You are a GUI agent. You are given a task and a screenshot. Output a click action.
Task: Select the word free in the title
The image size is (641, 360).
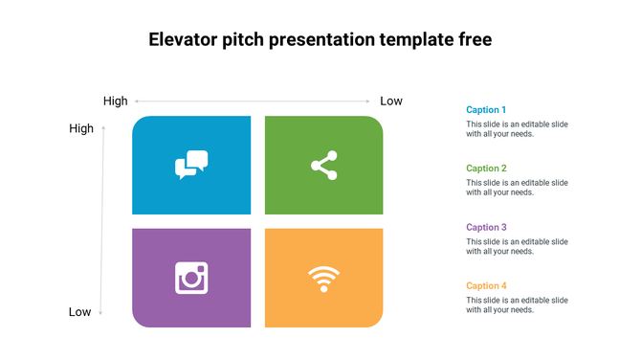tap(473, 40)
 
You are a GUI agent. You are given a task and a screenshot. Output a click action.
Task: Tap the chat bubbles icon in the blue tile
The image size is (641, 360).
tap(191, 165)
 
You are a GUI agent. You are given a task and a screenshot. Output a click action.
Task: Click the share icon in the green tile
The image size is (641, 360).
tap(324, 165)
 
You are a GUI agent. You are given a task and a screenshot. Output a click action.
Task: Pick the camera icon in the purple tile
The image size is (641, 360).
tap(191, 278)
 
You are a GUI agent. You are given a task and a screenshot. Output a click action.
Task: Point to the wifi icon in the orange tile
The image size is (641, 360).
tap(324, 279)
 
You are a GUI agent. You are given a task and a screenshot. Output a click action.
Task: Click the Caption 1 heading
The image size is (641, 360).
tap(486, 110)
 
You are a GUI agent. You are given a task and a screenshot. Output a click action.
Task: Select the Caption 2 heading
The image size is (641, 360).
tap(486, 169)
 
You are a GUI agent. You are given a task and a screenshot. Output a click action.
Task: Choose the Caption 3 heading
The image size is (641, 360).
tap(486, 228)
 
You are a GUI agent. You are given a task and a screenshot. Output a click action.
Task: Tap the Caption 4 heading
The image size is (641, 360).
tap(486, 286)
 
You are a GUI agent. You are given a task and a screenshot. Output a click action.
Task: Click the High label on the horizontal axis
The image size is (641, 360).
tap(115, 101)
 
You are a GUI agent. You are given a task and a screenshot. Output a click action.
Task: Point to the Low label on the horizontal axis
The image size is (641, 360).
tap(391, 101)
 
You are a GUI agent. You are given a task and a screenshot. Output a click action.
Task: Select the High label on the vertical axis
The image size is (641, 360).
tap(81, 128)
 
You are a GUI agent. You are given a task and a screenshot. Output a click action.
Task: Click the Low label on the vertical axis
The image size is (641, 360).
tap(80, 312)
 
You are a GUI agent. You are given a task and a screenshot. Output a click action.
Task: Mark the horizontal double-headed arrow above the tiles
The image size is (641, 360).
tap(253, 101)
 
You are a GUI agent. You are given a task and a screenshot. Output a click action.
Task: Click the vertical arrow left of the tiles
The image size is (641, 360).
tap(102, 220)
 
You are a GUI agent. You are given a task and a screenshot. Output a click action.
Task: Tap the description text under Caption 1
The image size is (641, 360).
tap(517, 129)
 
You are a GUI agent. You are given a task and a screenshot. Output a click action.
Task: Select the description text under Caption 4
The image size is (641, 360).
tap(517, 305)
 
